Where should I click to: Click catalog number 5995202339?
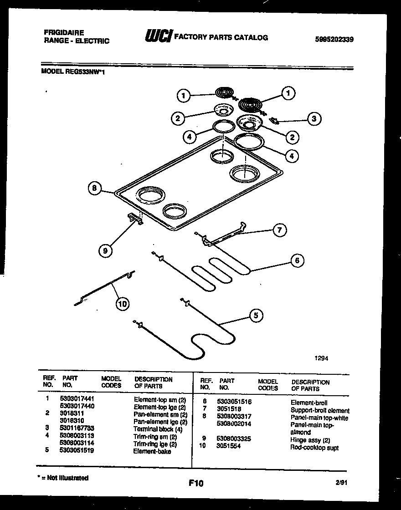point(334,39)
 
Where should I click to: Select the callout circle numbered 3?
point(314,119)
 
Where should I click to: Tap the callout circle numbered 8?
point(94,188)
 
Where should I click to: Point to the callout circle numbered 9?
point(105,250)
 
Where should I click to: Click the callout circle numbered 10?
point(122,304)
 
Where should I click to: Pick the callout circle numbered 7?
point(280,230)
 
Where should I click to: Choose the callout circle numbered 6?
point(297,260)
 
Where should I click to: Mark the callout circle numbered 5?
point(257,315)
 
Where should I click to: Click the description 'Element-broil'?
point(308,403)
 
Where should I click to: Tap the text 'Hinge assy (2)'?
point(310,440)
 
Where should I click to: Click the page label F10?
point(195,483)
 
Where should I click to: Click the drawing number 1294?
point(321,358)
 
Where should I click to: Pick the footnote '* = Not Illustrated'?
point(63,478)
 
